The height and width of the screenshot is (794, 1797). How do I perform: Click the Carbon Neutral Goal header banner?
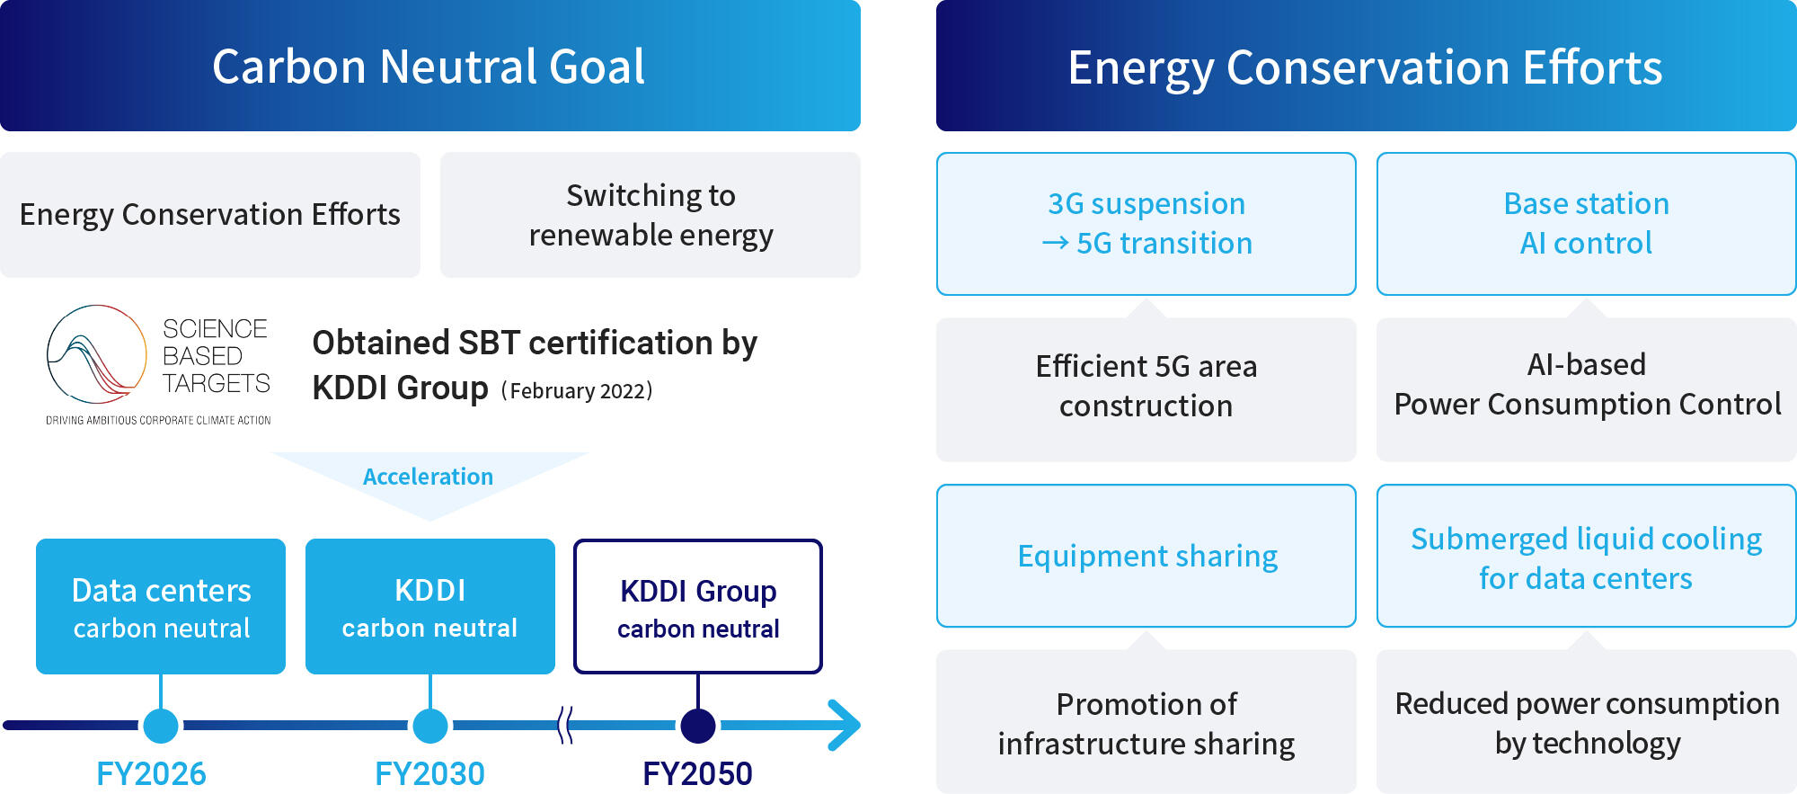tap(429, 66)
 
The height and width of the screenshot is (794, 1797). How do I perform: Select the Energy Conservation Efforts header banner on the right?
tap(1366, 66)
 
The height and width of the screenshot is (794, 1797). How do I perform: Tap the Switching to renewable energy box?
tap(650, 215)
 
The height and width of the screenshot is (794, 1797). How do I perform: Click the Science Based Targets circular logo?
tap(96, 354)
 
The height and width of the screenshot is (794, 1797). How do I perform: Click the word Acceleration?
tap(428, 477)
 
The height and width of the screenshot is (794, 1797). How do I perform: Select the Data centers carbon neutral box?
tap(161, 607)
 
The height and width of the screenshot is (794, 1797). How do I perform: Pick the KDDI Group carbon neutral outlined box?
tap(698, 607)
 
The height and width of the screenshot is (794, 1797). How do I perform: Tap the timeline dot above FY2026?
tap(161, 725)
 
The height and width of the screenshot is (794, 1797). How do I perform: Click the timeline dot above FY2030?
tap(430, 725)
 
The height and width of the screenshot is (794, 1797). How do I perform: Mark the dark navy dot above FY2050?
tap(698, 725)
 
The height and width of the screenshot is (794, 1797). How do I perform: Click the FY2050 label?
tap(697, 773)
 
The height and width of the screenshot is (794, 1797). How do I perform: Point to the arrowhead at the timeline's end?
tap(845, 725)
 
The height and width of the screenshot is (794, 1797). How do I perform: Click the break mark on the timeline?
tap(565, 725)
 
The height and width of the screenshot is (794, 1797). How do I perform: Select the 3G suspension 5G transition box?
tap(1146, 224)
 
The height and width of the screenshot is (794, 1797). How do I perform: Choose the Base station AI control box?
tap(1586, 224)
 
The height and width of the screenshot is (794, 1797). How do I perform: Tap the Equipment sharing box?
tap(1146, 557)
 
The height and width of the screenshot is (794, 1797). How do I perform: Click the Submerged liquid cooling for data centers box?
tap(1586, 557)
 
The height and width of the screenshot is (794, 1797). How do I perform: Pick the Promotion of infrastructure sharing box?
tap(1146, 723)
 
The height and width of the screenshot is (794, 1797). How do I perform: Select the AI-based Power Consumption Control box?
tap(1586, 386)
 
